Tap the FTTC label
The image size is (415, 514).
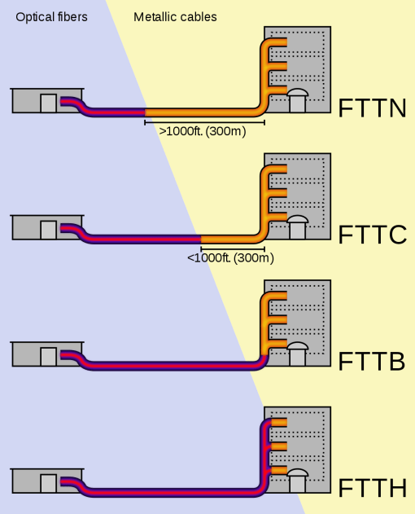point(372,234)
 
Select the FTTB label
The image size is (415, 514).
point(371,361)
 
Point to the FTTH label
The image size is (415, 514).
point(372,488)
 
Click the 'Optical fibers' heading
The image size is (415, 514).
point(51,16)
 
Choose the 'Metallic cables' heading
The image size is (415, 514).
point(175,16)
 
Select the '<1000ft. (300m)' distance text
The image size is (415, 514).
point(230,257)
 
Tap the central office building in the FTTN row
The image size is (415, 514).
point(47,100)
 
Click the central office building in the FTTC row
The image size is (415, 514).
point(47,227)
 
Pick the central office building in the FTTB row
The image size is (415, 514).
point(47,354)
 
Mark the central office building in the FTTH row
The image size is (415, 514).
point(47,481)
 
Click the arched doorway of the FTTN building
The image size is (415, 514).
point(297,101)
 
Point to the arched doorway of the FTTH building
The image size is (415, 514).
point(297,481)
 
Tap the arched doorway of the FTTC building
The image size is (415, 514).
point(297,228)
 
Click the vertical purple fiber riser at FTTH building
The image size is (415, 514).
point(265,452)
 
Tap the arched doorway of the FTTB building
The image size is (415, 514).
point(297,355)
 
